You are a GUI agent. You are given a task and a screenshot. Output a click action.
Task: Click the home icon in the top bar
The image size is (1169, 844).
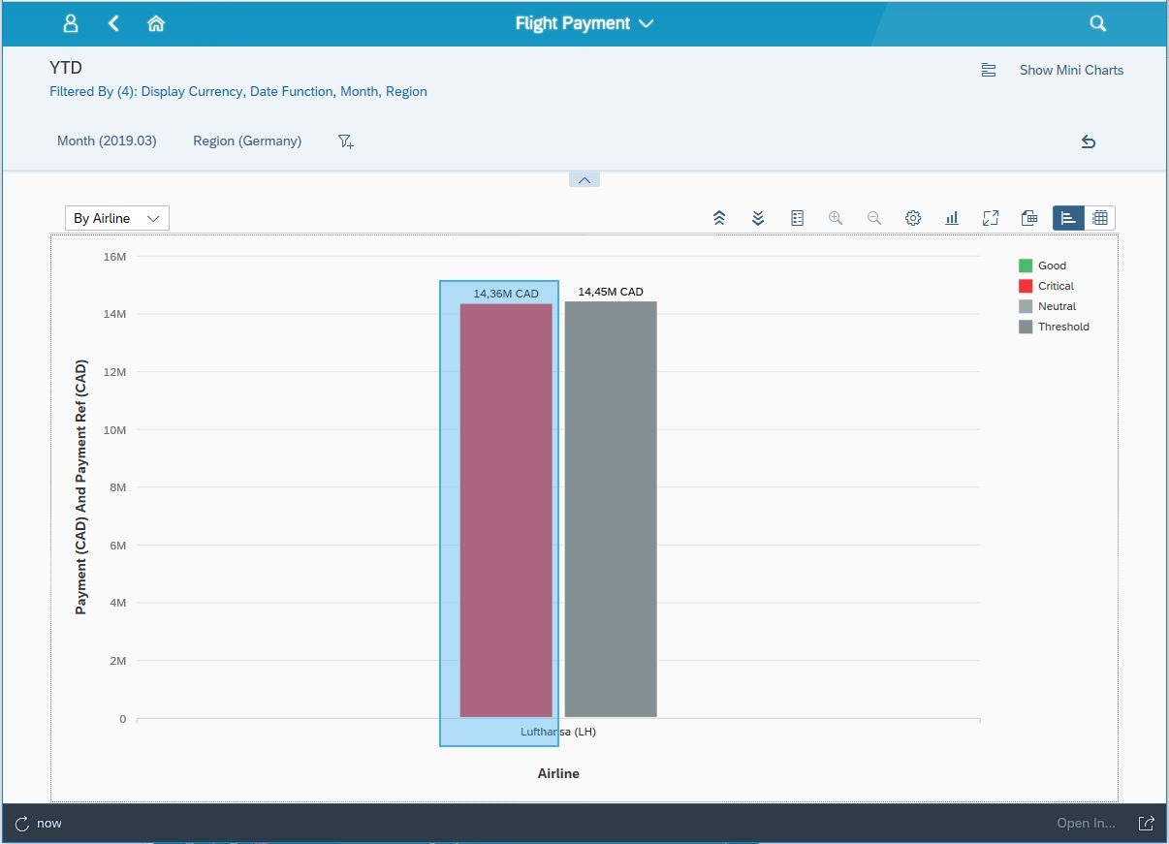click(155, 23)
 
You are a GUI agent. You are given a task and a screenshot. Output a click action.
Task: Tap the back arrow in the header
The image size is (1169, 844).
click(113, 23)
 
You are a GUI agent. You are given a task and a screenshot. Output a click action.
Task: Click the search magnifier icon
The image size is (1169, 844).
click(1097, 23)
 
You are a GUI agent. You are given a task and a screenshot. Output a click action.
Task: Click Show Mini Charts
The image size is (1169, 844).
click(1070, 70)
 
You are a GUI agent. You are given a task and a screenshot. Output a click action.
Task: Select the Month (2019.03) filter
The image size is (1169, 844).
click(107, 141)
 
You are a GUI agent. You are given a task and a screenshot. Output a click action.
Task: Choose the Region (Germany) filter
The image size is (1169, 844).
click(247, 141)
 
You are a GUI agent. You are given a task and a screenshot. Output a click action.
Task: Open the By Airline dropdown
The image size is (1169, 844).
click(116, 218)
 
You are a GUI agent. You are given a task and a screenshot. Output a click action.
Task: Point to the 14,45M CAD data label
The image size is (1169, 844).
click(611, 292)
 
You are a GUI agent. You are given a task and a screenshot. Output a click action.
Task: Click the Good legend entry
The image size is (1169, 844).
click(1052, 266)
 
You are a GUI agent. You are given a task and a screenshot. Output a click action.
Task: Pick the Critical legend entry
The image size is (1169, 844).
click(1056, 286)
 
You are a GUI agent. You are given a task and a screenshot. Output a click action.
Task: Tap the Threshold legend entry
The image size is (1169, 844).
click(1063, 327)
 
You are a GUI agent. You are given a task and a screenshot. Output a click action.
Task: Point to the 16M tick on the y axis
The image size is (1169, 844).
click(114, 257)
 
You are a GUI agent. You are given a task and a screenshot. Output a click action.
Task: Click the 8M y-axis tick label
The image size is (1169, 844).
click(118, 487)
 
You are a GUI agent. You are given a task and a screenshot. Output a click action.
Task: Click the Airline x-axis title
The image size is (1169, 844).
click(558, 773)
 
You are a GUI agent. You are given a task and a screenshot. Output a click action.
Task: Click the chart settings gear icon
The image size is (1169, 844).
click(913, 218)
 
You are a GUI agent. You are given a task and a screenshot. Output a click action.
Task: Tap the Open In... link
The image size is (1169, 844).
click(1086, 823)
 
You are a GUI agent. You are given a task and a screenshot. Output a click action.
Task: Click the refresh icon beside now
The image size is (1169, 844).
click(22, 824)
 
